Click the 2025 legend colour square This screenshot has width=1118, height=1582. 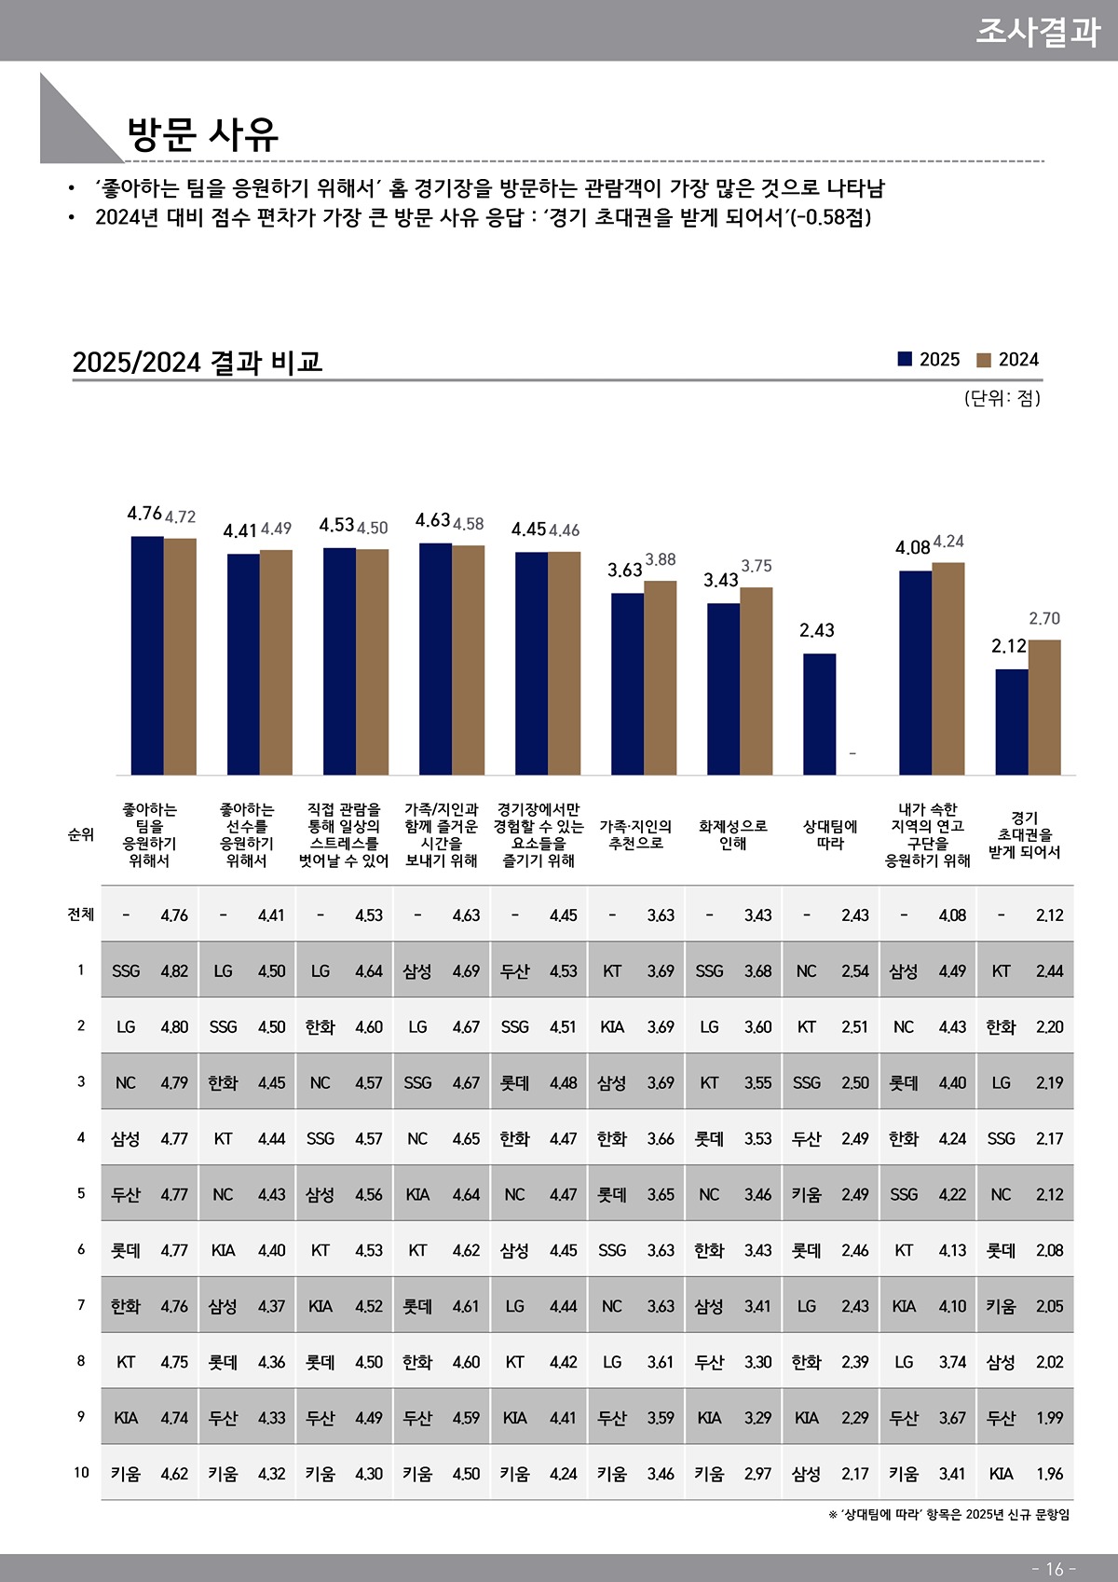point(905,360)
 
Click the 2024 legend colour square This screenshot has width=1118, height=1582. point(984,360)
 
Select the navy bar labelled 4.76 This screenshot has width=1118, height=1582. point(147,654)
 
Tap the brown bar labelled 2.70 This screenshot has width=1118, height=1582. point(1044,707)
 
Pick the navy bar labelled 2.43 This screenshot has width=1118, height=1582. point(819,713)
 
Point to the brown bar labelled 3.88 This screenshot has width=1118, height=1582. point(661,677)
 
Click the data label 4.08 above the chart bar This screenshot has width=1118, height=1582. point(912,547)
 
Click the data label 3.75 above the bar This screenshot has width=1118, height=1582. point(757,566)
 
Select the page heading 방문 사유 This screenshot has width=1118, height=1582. point(202,133)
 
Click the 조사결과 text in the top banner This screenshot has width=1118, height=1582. point(1037,31)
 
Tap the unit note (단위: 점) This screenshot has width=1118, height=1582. point(1002,398)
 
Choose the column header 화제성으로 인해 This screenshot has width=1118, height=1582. point(733,834)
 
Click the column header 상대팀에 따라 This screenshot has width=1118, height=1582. point(830,834)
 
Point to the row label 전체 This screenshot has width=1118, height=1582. point(81,914)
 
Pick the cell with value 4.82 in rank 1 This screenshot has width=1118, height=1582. point(174,970)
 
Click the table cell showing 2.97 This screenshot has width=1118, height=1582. point(757,1474)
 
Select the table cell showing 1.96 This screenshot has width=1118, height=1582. point(1049,1474)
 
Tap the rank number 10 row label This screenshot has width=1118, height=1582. point(81,1472)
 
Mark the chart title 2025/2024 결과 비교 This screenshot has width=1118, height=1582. point(198,362)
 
